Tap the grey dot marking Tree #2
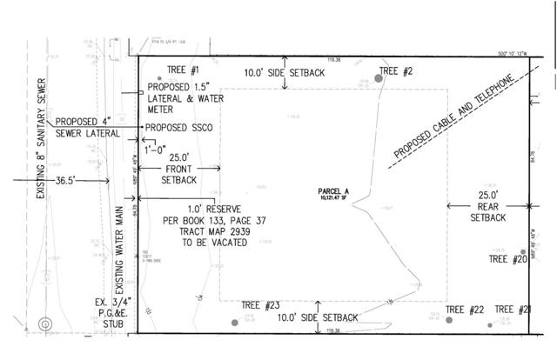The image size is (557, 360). (x=379, y=78)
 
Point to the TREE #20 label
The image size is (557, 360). (x=507, y=259)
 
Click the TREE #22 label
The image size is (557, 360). (x=465, y=310)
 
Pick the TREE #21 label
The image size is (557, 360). (x=513, y=310)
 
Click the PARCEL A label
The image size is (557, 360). (x=332, y=192)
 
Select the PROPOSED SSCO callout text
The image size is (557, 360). (x=179, y=127)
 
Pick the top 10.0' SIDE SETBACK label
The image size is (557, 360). (x=285, y=73)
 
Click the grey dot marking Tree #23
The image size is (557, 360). (x=234, y=323)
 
